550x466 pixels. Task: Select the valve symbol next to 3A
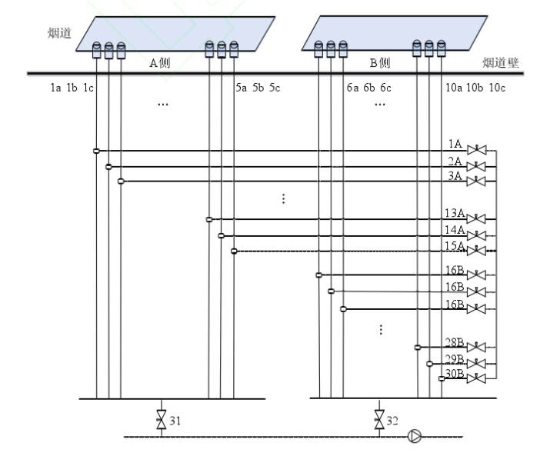pyautogui.click(x=478, y=181)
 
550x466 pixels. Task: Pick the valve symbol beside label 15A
pyautogui.click(x=478, y=251)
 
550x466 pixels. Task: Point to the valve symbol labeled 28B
pyautogui.click(x=478, y=348)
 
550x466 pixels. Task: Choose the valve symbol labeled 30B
pyautogui.click(x=478, y=379)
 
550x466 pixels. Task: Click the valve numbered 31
pyautogui.click(x=162, y=421)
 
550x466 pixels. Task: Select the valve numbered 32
pyautogui.click(x=379, y=421)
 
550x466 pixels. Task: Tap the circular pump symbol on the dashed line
pyautogui.click(x=415, y=437)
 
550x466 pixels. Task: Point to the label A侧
pyautogui.click(x=160, y=64)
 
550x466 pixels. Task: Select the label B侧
pyautogui.click(x=380, y=64)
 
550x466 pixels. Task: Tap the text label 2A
pyautogui.click(x=455, y=161)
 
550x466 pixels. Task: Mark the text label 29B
pyautogui.click(x=454, y=359)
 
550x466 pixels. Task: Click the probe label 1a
pyautogui.click(x=55, y=88)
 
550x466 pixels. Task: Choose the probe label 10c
pyautogui.click(x=497, y=88)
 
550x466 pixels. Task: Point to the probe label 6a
pyautogui.click(x=352, y=88)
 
